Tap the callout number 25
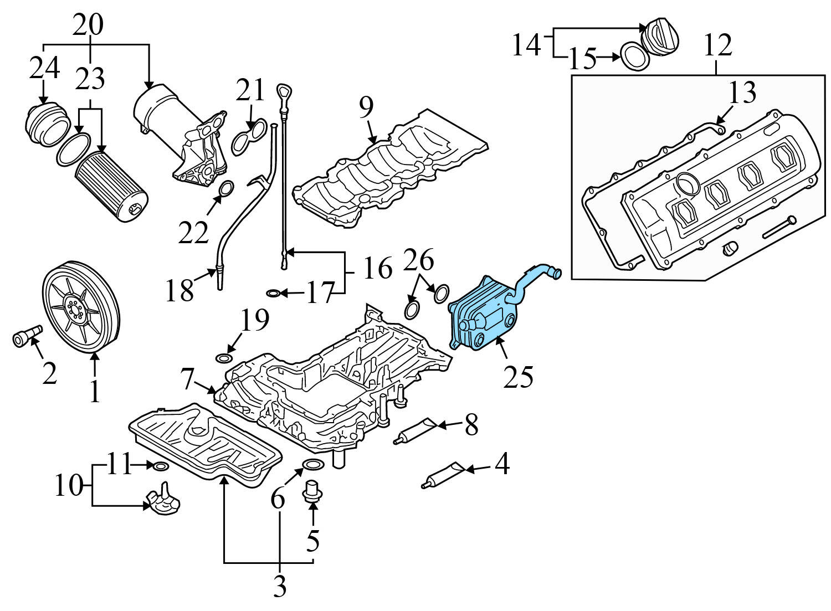click(518, 377)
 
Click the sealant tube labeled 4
click(445, 475)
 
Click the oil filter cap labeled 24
click(47, 125)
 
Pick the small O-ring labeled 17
click(273, 292)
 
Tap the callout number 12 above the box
click(717, 45)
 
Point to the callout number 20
click(89, 24)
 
